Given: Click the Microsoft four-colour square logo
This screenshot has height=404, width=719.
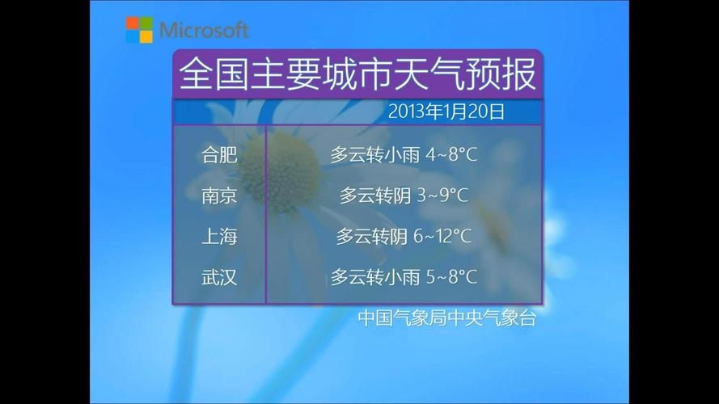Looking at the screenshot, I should coord(139,30).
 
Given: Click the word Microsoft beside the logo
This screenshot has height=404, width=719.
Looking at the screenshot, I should coord(204,31).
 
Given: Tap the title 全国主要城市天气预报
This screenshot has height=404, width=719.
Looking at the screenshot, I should coord(357,74).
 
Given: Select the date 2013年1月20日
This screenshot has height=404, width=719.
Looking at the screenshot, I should coord(446,112).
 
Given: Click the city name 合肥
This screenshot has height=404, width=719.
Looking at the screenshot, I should coord(219,154).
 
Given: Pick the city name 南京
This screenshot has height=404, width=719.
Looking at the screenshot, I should coord(219,196).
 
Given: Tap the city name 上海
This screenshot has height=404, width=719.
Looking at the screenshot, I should coord(219,237).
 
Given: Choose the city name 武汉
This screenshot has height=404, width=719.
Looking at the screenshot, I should coord(219,278).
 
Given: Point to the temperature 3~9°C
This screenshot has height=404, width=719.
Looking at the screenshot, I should coord(442,196).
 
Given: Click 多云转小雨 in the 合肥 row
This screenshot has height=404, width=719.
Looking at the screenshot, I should coord(374,154).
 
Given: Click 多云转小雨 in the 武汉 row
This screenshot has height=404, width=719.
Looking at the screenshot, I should coord(374,278).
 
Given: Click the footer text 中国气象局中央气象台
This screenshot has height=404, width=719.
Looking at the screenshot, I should coord(447,318).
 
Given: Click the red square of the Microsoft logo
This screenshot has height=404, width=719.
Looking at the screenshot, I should coord(132,23).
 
